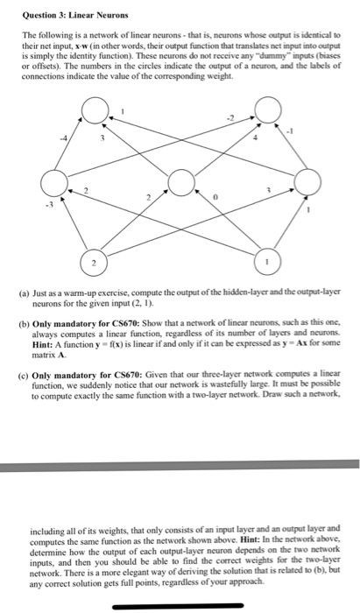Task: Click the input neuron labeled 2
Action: [94, 264]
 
